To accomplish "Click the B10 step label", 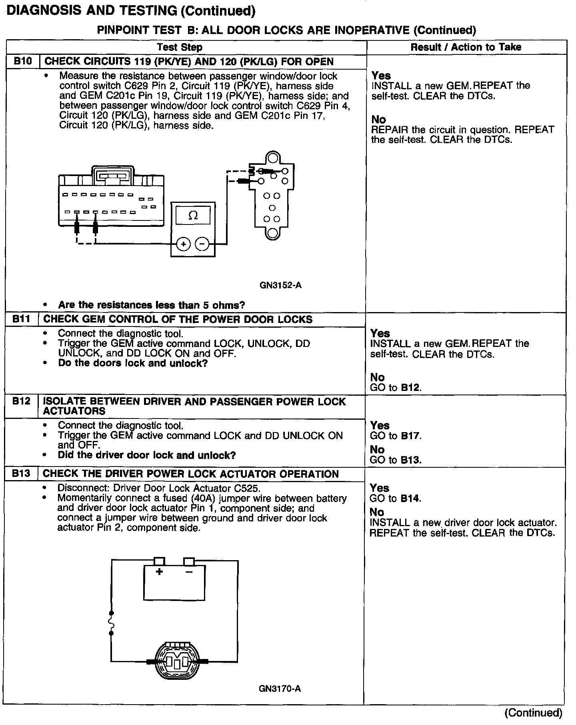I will click(x=22, y=61).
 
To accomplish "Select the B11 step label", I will click(x=21, y=319).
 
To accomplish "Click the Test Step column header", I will click(x=180, y=47).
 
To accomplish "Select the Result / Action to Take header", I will click(x=466, y=47).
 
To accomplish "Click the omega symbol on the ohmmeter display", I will click(x=193, y=216).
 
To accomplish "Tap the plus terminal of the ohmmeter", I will click(x=183, y=244).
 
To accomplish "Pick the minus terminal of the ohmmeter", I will click(x=202, y=244).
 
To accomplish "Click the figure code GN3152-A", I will click(x=280, y=286).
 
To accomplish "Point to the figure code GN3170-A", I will click(x=280, y=689).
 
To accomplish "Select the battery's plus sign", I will click(x=159, y=572).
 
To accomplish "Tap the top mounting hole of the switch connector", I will click(x=272, y=157).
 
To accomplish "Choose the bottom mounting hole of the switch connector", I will click(x=272, y=233).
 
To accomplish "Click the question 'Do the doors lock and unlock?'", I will click(x=133, y=363).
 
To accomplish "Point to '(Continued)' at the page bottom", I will click(x=533, y=713).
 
